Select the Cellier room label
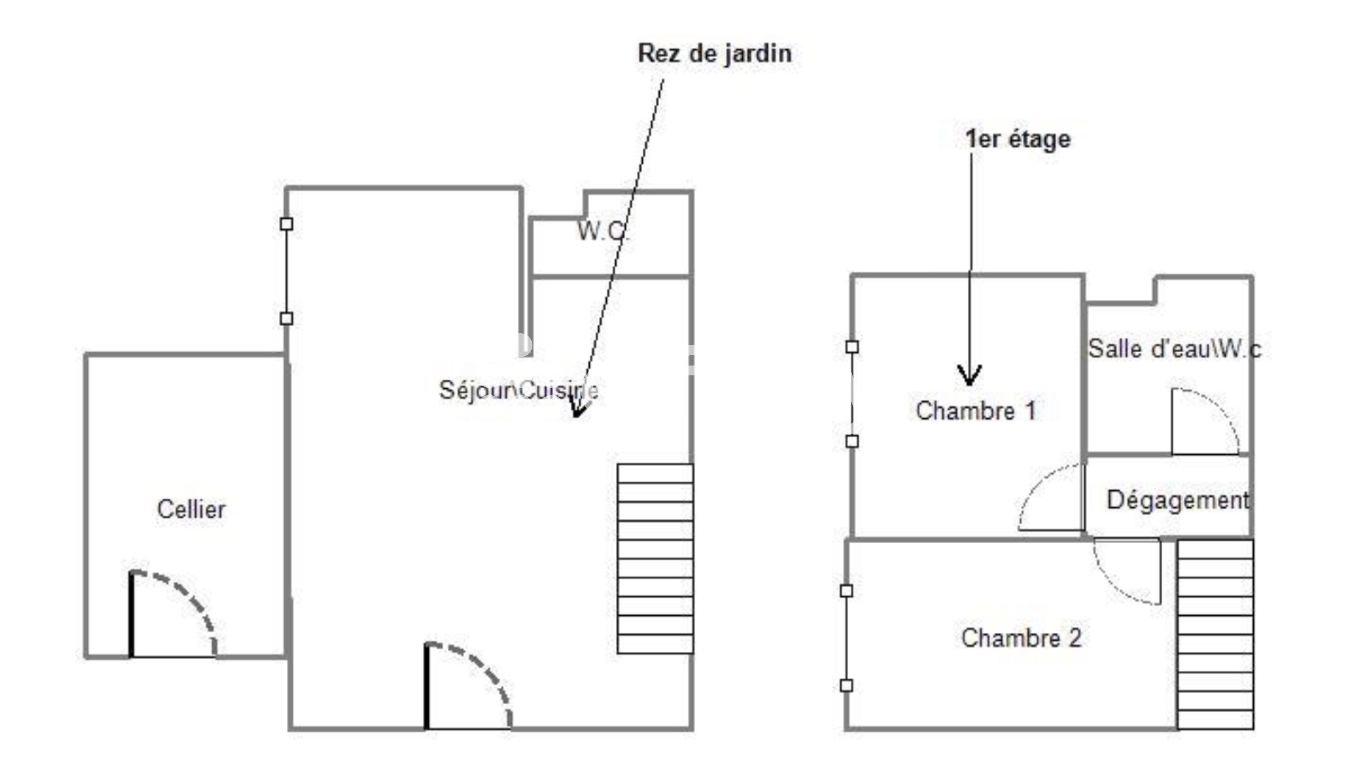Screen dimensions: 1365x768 pos(191,509)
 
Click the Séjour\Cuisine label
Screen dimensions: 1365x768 pos(519,390)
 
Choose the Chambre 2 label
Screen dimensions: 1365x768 pos(1021,638)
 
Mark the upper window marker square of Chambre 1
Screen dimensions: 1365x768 pos(852,347)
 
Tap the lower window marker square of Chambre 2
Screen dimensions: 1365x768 pos(847,686)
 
